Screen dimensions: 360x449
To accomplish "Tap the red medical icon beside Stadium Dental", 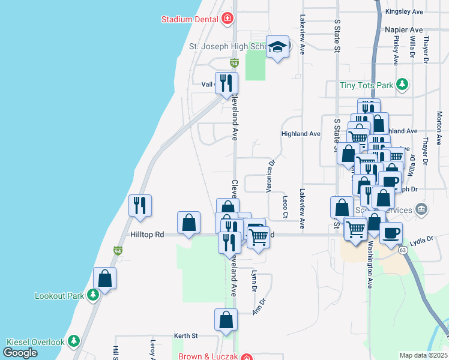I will point(227,19).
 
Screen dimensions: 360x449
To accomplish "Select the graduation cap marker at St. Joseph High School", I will point(277,48).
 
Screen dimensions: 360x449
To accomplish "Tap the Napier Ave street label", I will point(409,29).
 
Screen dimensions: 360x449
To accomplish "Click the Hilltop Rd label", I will point(147,235).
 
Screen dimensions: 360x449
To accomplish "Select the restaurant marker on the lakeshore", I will point(140,206).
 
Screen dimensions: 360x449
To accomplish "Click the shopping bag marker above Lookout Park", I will point(105,279).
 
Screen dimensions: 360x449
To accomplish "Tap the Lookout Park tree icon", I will point(92,296).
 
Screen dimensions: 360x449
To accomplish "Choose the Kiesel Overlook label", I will point(35,342).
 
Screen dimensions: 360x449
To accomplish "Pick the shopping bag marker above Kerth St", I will point(226,320).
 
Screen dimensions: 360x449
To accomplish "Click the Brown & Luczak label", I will point(208,356).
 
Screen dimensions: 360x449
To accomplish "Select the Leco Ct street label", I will point(286,206).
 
